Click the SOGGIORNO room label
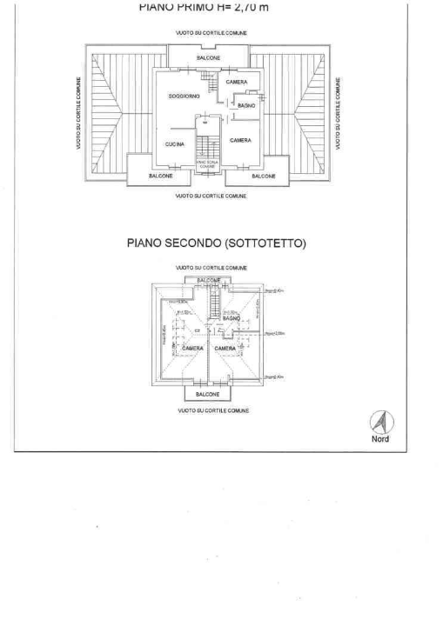click(x=184, y=96)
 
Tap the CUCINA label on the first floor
click(x=174, y=144)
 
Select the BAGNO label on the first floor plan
click(x=246, y=104)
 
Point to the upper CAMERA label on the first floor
click(x=237, y=82)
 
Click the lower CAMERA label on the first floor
click(x=241, y=140)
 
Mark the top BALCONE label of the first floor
click(x=208, y=58)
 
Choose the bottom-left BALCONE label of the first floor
click(x=160, y=176)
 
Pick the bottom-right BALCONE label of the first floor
click(x=264, y=176)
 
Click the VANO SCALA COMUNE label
click(x=207, y=164)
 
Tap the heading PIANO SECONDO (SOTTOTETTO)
click(x=217, y=244)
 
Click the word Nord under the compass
click(x=380, y=439)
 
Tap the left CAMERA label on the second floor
click(x=192, y=348)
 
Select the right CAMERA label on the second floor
click(x=225, y=348)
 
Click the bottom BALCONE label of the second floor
click(x=208, y=394)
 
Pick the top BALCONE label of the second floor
click(x=209, y=280)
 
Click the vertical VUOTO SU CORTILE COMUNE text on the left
click(x=79, y=115)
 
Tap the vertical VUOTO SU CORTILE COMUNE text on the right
click(x=338, y=115)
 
